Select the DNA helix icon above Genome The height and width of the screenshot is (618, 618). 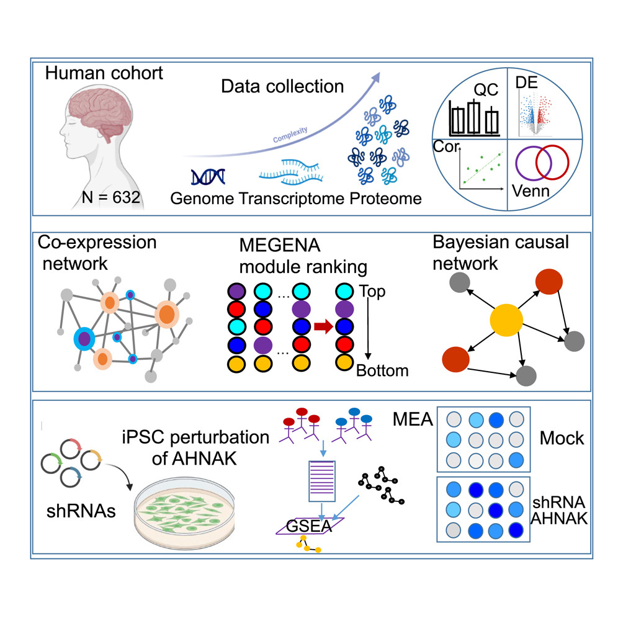[206, 177]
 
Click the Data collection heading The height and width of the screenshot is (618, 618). [282, 86]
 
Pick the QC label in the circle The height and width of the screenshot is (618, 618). [487, 90]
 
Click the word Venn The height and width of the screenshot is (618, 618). [532, 190]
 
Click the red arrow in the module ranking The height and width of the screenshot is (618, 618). [322, 327]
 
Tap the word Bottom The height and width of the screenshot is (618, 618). [382, 371]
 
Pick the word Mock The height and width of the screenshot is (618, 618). [562, 438]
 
